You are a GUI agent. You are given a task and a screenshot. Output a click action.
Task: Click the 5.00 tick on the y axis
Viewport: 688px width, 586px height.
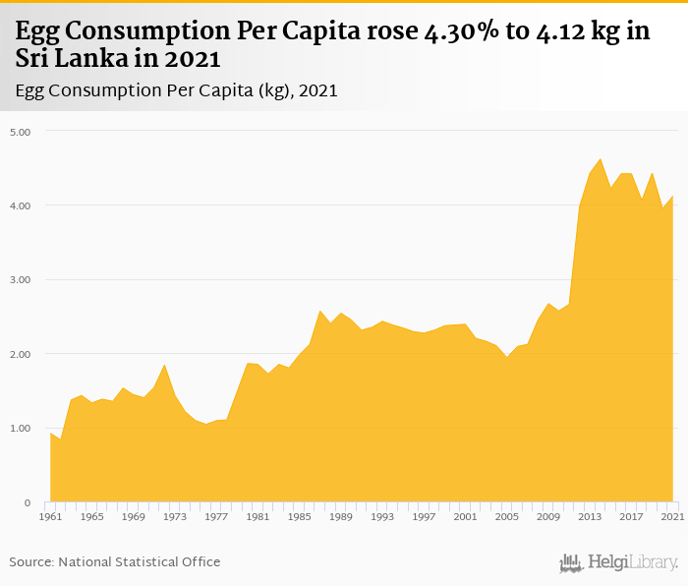coord(20,131)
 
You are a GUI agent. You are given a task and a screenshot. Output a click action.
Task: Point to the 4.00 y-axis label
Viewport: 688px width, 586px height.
coord(20,205)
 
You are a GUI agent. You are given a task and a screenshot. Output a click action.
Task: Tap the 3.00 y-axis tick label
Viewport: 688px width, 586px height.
coord(20,279)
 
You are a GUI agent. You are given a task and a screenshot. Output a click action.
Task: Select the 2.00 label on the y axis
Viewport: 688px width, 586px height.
coord(20,354)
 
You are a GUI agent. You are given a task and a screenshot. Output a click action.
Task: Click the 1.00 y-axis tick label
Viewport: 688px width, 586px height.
coord(20,429)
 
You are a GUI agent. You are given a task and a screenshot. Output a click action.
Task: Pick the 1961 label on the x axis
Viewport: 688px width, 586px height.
coord(50,516)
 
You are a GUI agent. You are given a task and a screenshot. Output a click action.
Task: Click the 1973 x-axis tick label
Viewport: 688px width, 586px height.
coord(175,516)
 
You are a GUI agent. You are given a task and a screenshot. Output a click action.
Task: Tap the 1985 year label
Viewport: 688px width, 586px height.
coord(300,516)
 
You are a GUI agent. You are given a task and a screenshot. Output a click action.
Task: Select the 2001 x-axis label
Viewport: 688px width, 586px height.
coord(466,516)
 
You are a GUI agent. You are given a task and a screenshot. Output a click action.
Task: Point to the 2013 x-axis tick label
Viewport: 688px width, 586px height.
coord(591,516)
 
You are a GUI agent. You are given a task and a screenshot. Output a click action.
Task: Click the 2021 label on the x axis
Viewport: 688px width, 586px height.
coord(672,516)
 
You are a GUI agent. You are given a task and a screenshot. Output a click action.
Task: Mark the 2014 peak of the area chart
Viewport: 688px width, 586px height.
coord(601,159)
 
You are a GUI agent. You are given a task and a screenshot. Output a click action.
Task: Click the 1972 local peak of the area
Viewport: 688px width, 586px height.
coord(164,365)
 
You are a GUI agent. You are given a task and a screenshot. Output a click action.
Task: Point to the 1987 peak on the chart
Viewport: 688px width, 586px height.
coord(320,311)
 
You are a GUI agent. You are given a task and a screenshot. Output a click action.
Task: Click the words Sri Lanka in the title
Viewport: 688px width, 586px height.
coord(63,58)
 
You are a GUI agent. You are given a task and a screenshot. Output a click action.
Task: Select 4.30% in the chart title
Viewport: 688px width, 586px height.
coord(459,31)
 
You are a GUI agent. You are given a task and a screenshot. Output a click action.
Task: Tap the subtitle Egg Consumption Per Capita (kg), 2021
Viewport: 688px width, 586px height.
coord(177,90)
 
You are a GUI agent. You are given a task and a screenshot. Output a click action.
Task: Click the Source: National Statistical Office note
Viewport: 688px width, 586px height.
coord(115,561)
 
